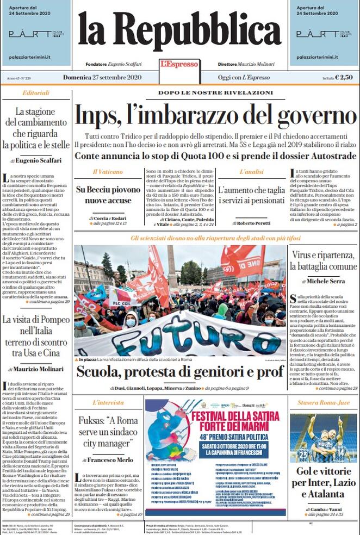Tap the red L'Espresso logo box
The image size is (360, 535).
(x=179, y=64)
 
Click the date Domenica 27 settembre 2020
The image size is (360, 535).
(x=102, y=78)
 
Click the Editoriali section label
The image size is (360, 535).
(x=36, y=93)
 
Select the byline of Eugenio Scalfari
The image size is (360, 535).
(x=36, y=160)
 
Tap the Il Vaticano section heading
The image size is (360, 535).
(x=102, y=171)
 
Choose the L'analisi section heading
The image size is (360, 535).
(x=251, y=171)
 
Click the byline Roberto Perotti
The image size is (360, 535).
(x=251, y=223)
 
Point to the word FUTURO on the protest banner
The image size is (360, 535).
(x=179, y=332)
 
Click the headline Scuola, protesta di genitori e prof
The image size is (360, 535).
(x=179, y=372)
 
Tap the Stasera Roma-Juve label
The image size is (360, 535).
(x=323, y=403)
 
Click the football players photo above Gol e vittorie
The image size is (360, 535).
(x=323, y=438)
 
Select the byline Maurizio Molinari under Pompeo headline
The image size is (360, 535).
(x=36, y=371)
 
